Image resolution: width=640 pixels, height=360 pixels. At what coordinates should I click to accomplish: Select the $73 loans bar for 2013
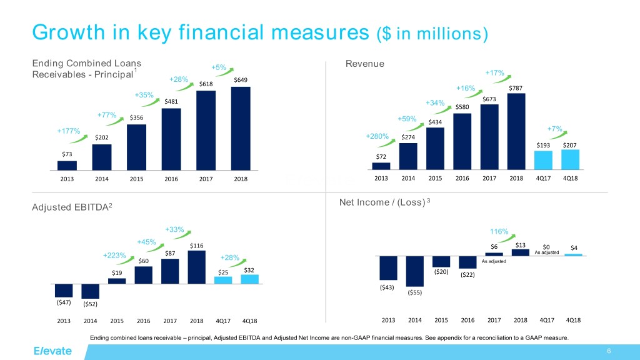click(x=67, y=166)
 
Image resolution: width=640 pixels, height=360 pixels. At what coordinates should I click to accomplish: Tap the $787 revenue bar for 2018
click(x=516, y=131)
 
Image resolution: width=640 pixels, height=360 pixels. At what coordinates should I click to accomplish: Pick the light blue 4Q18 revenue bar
click(x=570, y=159)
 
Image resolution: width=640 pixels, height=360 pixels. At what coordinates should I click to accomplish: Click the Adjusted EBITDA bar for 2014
click(x=91, y=291)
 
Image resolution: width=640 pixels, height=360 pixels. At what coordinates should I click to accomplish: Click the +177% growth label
click(x=68, y=132)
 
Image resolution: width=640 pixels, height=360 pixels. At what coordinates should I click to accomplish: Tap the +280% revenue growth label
click(x=377, y=136)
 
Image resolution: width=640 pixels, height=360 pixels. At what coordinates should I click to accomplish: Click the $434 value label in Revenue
click(x=435, y=122)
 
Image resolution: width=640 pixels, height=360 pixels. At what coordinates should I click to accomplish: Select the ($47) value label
click(x=64, y=302)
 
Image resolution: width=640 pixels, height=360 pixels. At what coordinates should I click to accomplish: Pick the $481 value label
click(x=171, y=101)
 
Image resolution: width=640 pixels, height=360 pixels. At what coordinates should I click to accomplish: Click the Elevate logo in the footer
click(x=53, y=351)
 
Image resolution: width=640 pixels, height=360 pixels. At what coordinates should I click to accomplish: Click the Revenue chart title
click(x=364, y=64)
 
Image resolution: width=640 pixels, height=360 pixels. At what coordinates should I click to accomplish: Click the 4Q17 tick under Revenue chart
click(x=544, y=178)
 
